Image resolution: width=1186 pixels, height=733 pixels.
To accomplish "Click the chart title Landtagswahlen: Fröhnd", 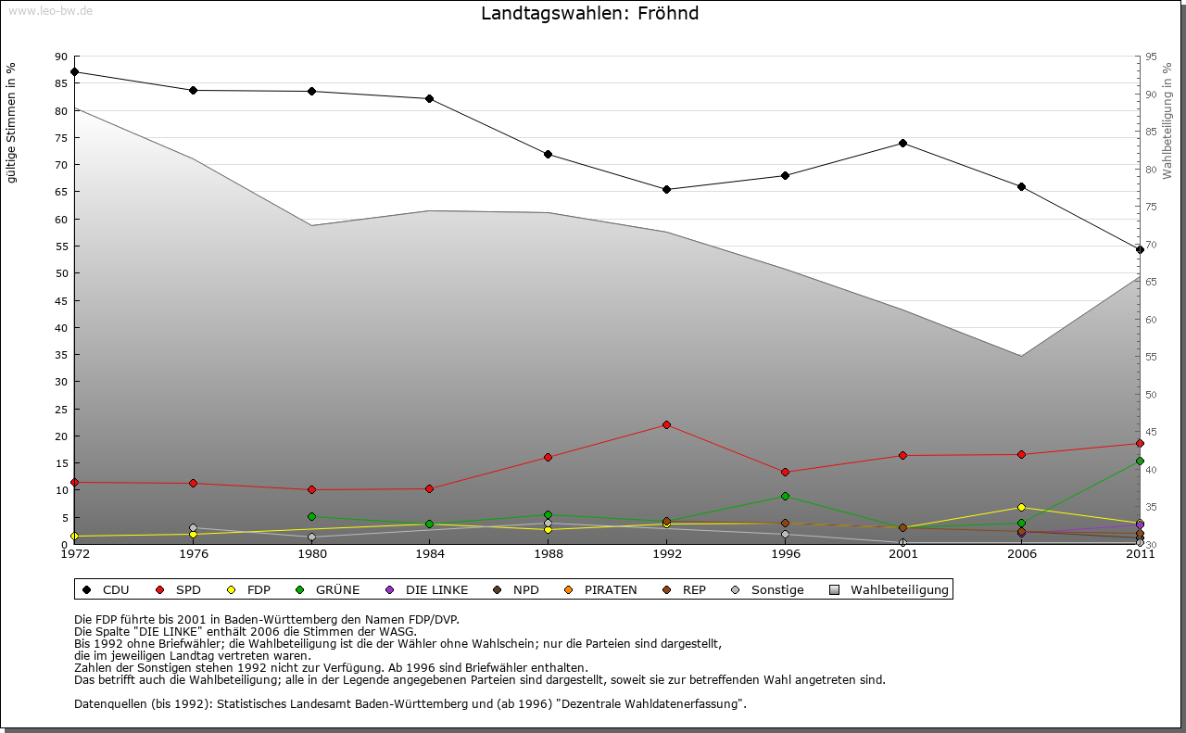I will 589,14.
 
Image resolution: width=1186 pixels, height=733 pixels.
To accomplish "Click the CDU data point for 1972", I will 74,71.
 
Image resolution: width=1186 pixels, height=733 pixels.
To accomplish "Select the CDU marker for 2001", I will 902,144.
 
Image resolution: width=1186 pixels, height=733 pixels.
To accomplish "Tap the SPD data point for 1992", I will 666,424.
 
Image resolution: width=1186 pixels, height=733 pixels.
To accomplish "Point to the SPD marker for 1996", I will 785,472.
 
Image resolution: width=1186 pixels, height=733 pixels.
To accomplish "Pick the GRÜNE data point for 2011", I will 1140,461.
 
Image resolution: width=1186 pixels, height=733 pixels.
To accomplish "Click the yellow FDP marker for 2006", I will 1021,507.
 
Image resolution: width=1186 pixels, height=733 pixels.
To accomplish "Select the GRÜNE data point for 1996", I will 785,496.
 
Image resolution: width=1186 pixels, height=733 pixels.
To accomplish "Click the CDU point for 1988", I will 549,154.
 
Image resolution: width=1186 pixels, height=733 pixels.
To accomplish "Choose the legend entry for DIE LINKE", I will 428,589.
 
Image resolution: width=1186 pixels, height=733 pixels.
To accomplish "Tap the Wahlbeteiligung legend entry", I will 890,589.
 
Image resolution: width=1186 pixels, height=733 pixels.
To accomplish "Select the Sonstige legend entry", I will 769,589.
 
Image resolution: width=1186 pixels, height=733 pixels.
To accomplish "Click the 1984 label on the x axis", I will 430,555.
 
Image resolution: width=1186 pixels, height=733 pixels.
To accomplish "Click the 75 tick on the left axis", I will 61,137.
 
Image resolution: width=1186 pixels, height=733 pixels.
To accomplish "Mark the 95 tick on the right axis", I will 1151,57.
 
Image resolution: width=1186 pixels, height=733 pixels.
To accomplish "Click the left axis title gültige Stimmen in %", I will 12,122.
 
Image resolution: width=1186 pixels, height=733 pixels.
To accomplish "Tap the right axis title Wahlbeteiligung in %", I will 1167,120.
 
